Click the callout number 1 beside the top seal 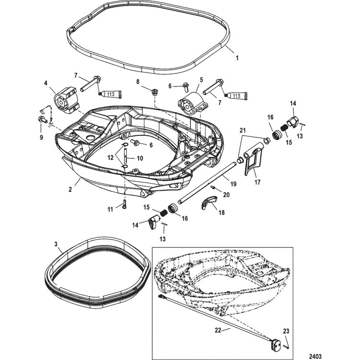(x=237, y=58)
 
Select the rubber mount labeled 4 (x=66, y=100)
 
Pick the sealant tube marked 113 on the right (x=237, y=96)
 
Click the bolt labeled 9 (x=42, y=120)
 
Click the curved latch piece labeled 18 (x=209, y=202)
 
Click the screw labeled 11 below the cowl (x=125, y=204)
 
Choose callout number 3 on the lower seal (x=56, y=244)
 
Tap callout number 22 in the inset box (x=218, y=330)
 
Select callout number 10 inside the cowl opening (x=140, y=158)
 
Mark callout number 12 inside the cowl (x=111, y=158)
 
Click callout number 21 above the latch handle (x=243, y=131)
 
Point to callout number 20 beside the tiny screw (x=226, y=195)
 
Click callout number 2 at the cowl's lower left (x=70, y=190)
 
